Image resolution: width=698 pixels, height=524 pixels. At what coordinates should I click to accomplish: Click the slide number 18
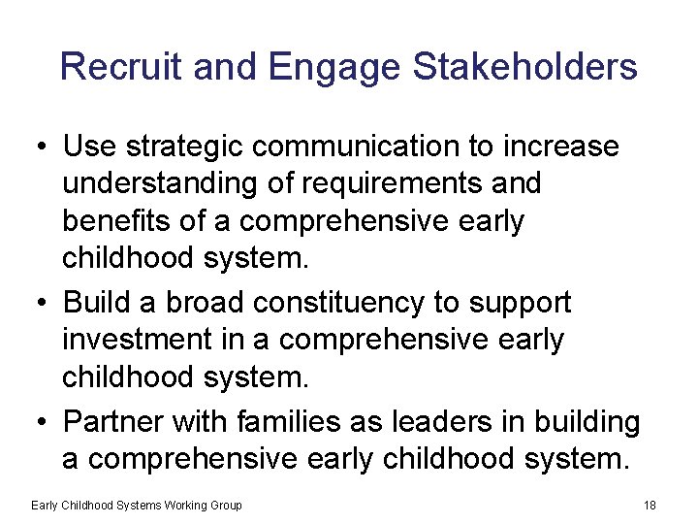click(650, 505)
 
